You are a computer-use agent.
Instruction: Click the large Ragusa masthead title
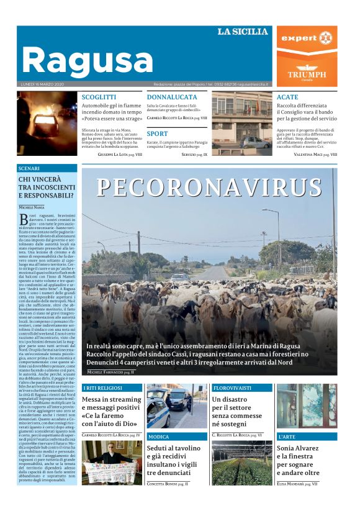[x=87, y=60]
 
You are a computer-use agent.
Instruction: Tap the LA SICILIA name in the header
[x=243, y=32]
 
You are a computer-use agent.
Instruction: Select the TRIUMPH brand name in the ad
[x=307, y=74]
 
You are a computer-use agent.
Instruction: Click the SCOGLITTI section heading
[x=99, y=97]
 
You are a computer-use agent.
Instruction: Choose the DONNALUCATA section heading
[x=172, y=97]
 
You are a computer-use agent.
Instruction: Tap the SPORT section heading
[x=157, y=133]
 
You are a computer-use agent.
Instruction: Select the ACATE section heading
[x=287, y=97]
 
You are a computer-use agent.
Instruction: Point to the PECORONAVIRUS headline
[x=207, y=188]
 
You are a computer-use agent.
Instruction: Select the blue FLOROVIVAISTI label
[x=233, y=388]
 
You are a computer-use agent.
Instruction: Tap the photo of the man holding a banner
[x=112, y=463]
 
